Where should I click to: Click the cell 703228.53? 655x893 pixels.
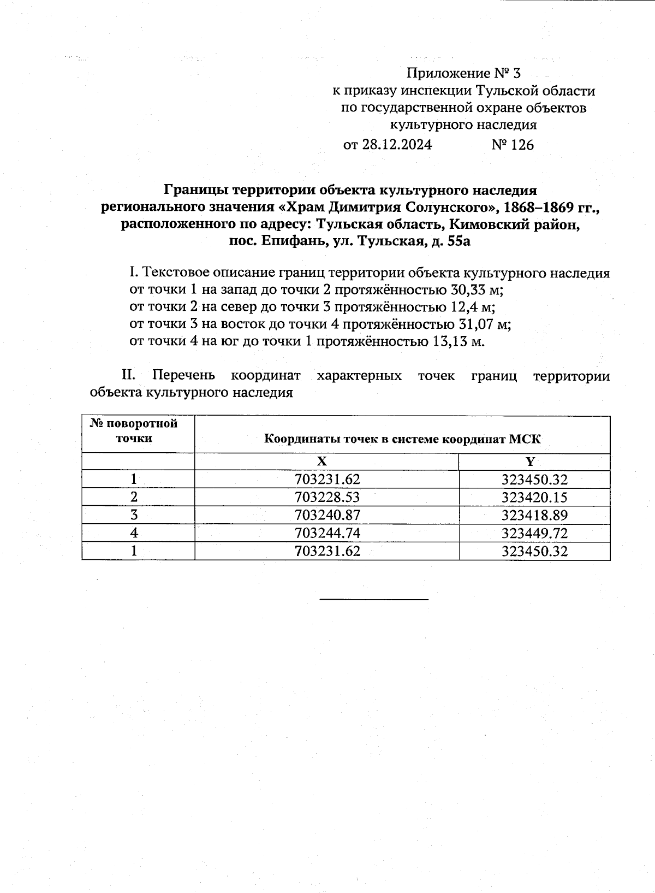(x=327, y=498)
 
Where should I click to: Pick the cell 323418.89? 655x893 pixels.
(x=534, y=515)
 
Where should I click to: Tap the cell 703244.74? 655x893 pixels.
(x=327, y=533)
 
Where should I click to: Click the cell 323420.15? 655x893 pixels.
(x=534, y=498)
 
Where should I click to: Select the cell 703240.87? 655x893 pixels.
(x=327, y=515)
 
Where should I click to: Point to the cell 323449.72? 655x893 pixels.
(x=534, y=533)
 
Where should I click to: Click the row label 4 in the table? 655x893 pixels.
(x=134, y=533)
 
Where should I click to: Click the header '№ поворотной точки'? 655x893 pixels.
(x=134, y=431)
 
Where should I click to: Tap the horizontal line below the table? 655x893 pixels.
(x=374, y=600)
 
